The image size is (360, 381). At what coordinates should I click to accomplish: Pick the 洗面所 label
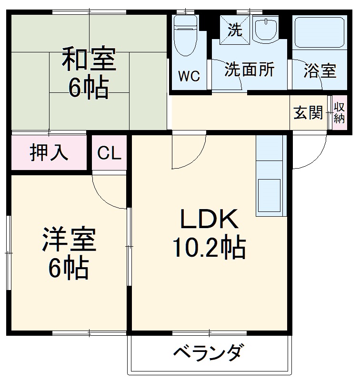click(250, 70)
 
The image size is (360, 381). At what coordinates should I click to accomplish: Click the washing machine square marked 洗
click(234, 30)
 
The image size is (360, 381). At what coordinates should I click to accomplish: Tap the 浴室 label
click(320, 71)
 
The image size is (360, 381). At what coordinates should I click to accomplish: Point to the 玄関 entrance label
click(308, 113)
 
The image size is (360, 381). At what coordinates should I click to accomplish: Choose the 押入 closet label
click(49, 153)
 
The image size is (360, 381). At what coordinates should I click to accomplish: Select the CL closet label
click(110, 153)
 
